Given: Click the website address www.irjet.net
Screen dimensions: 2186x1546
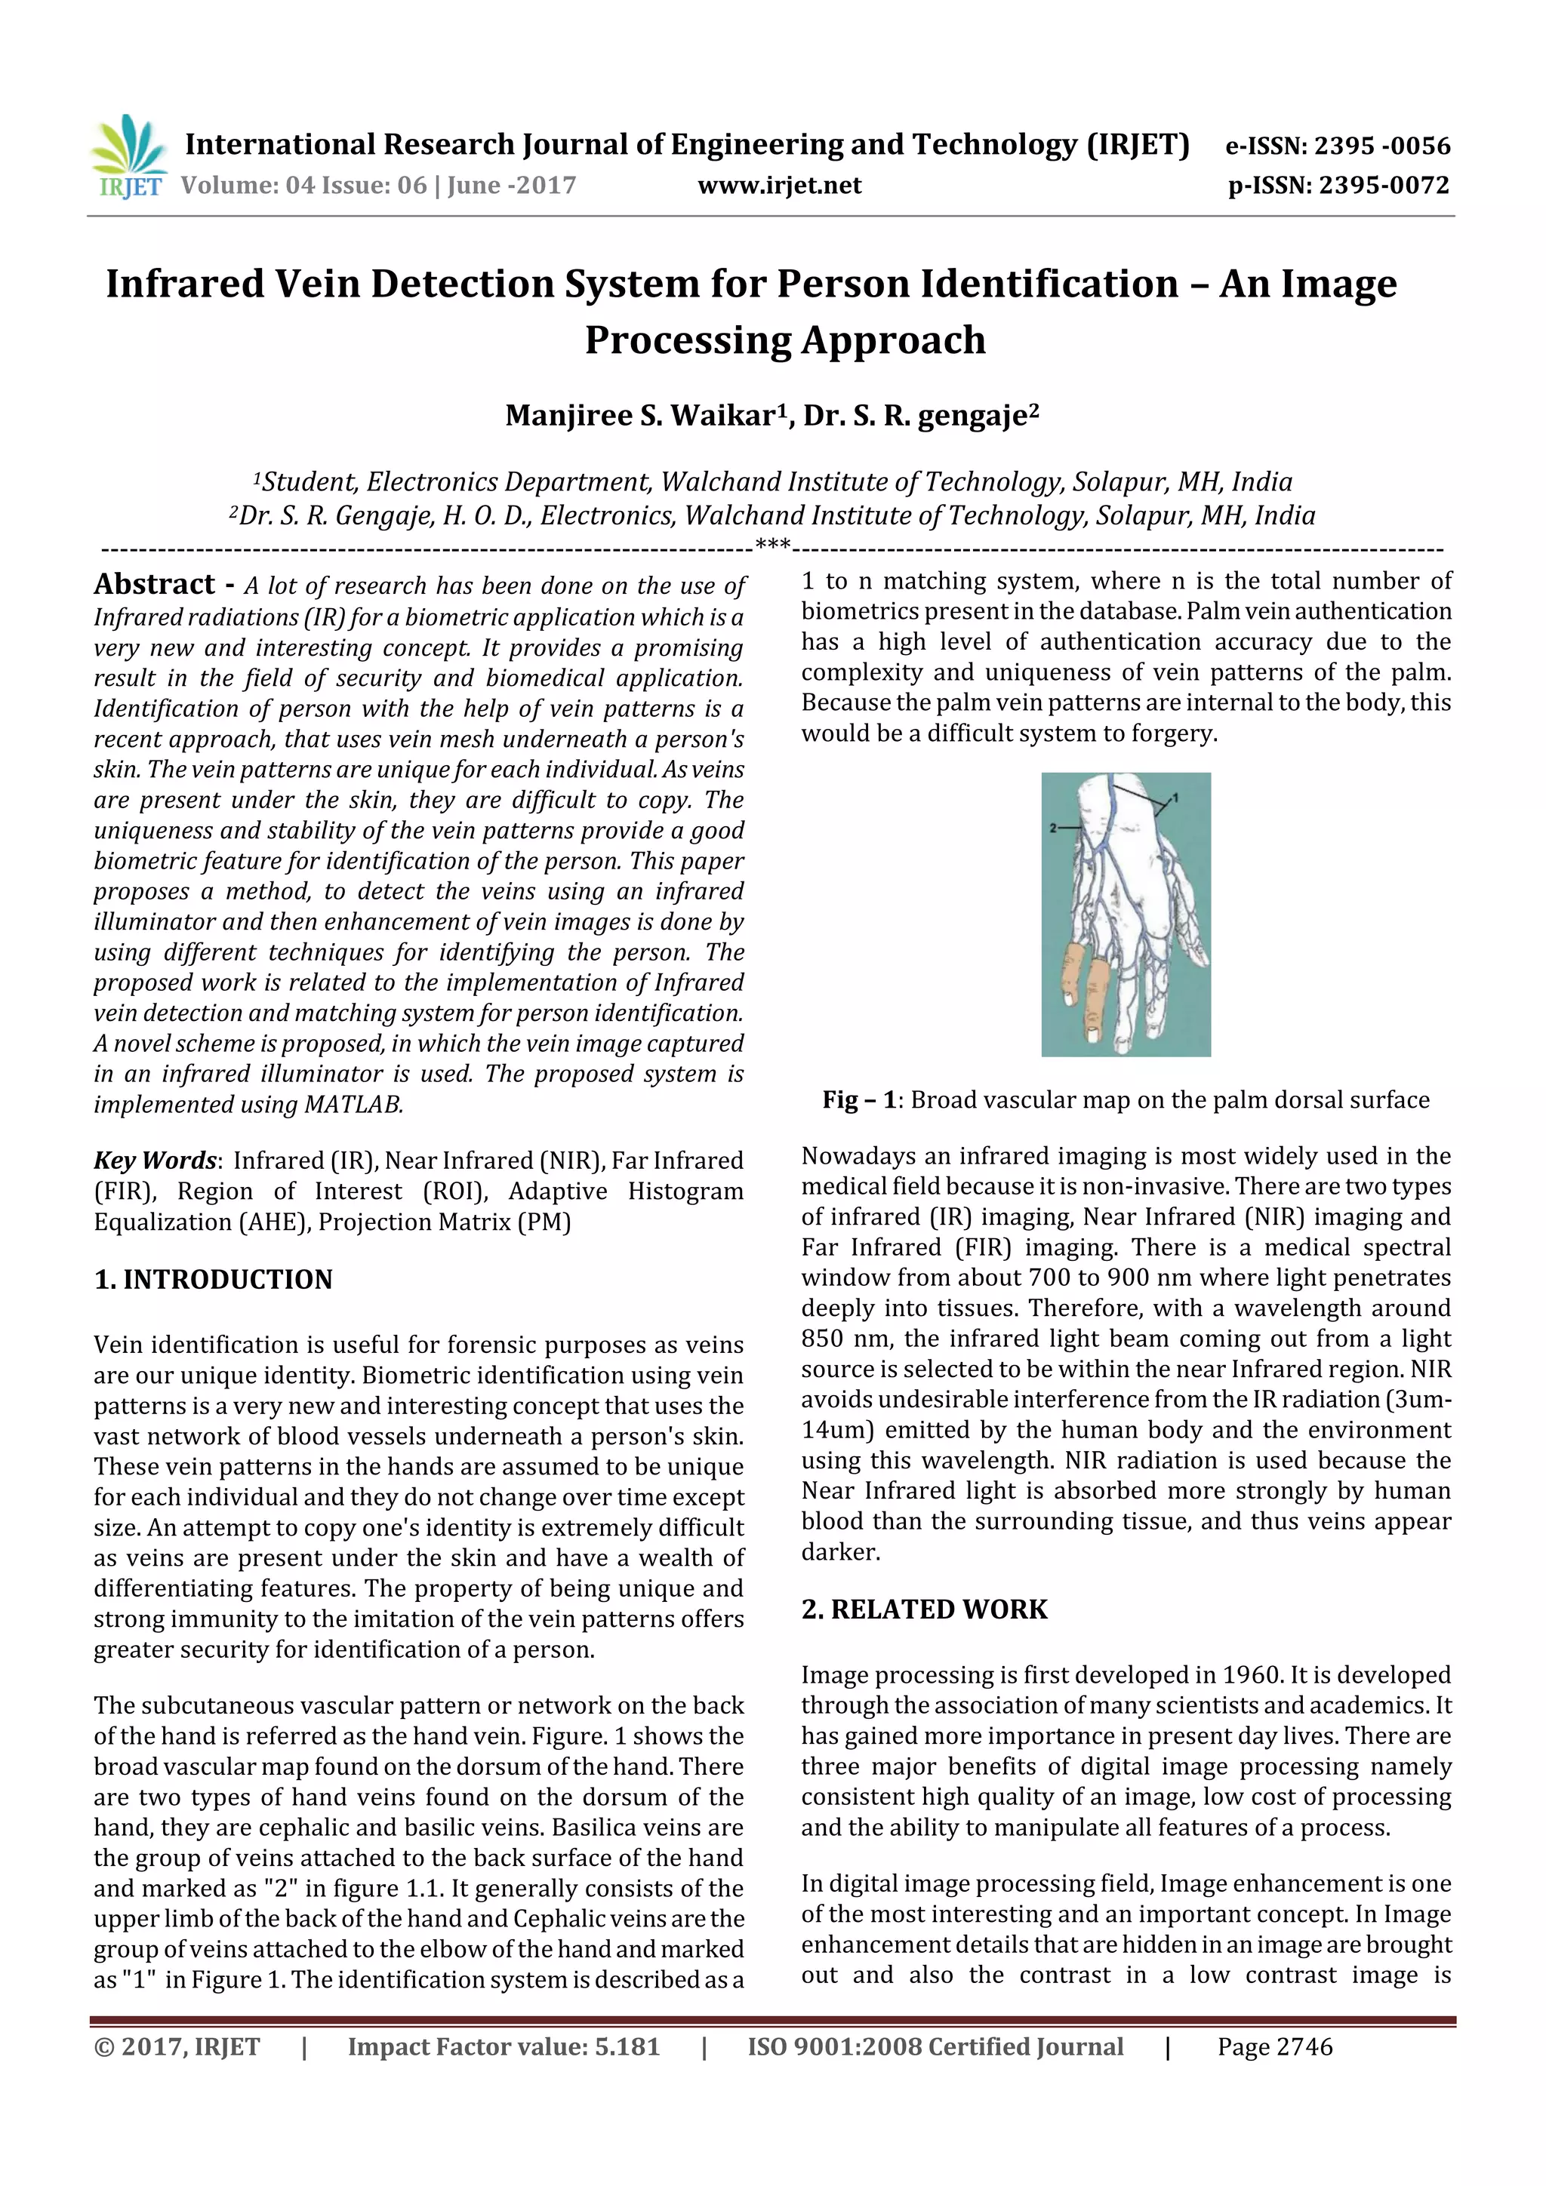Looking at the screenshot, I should point(779,186).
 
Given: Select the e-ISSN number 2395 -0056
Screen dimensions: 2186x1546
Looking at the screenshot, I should point(1381,146).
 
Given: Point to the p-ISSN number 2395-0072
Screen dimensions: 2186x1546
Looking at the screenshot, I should point(1383,186).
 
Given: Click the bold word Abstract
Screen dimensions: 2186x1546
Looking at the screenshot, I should point(154,583).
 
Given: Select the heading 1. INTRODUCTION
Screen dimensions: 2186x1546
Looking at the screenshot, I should point(214,1280).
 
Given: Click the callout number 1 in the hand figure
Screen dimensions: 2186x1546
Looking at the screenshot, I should point(1175,797).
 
